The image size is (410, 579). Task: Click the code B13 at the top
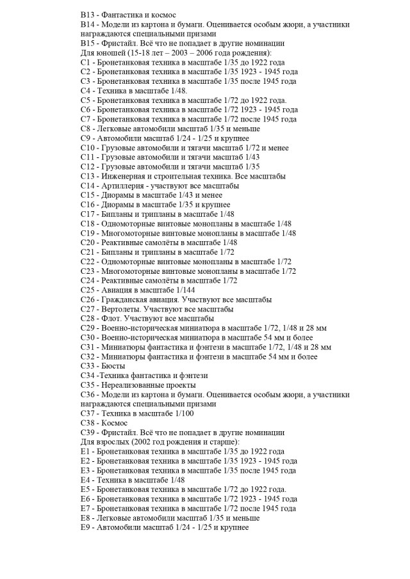point(88,14)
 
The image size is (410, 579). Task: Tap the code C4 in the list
point(86,90)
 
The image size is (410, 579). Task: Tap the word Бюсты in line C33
point(113,365)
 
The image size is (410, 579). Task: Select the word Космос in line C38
point(113,423)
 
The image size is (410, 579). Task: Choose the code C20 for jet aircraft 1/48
point(88,242)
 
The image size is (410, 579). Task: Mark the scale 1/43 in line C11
point(251,157)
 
